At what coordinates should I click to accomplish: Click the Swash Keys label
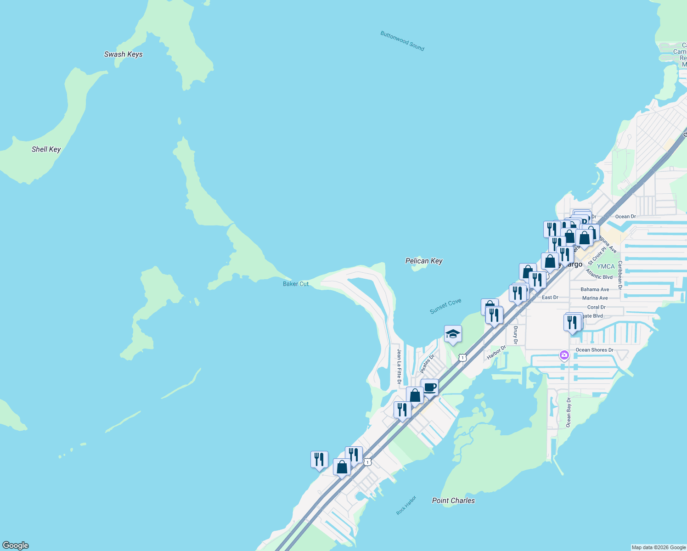tap(123, 54)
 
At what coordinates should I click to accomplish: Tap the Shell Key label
tap(46, 149)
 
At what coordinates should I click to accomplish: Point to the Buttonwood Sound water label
tap(402, 41)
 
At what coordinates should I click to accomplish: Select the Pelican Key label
tap(423, 261)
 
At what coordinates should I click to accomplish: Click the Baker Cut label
tap(296, 284)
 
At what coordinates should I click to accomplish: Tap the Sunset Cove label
tap(445, 306)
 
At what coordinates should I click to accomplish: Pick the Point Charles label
tap(453, 500)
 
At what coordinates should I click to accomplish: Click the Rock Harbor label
tap(406, 505)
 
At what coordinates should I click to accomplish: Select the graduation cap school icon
tap(452, 334)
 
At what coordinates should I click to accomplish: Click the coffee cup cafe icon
tap(429, 388)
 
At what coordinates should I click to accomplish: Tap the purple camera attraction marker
tap(564, 355)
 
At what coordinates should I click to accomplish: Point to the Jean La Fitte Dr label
tap(399, 366)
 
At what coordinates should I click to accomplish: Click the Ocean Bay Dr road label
tap(569, 412)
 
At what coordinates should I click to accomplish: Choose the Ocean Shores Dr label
tap(594, 350)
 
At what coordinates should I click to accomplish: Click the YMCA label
tap(605, 266)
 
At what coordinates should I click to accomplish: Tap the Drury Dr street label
tap(515, 335)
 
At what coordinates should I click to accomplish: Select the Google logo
tap(16, 545)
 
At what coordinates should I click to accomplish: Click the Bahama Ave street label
tap(595, 289)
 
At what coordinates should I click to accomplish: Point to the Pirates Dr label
tap(428, 364)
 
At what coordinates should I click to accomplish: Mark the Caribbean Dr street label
tap(620, 275)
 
